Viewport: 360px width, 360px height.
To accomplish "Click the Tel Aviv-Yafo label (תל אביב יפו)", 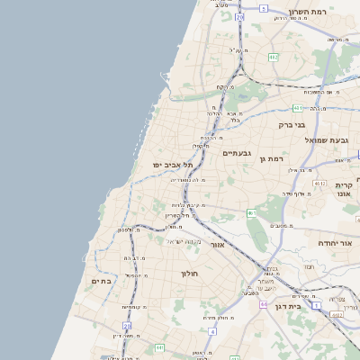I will [x=174, y=165].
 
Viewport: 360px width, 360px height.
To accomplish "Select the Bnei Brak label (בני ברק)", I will [x=292, y=125].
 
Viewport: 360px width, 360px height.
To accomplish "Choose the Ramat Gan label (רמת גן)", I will [x=271, y=158].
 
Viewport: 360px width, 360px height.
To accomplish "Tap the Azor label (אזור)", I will [x=217, y=244].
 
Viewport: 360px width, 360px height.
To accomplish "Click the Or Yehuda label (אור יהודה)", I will [x=338, y=243].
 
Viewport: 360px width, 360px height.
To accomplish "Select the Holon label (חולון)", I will [x=189, y=273].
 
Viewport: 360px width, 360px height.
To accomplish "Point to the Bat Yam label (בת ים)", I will [x=101, y=281].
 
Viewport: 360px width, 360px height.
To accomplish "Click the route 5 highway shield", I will [x=264, y=8].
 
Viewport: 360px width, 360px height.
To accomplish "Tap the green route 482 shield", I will [x=273, y=58].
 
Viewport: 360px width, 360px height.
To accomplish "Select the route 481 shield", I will [x=296, y=108].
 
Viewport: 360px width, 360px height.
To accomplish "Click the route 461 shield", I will [x=252, y=213].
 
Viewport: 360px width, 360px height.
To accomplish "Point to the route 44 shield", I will [x=263, y=304].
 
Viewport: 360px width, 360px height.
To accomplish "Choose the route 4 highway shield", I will [x=211, y=330].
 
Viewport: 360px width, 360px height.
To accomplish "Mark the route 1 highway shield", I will [x=316, y=305].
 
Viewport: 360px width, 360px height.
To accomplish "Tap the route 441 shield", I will [x=158, y=347].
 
